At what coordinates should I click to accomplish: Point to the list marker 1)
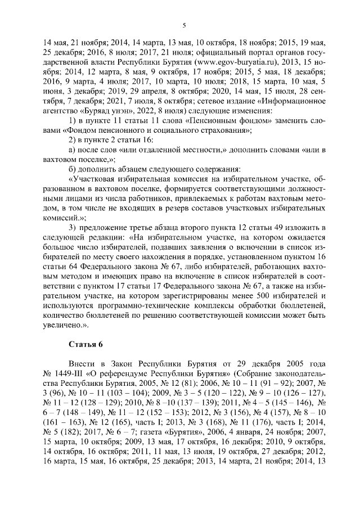click(x=72, y=120)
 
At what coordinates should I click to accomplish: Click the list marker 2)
click(x=72, y=140)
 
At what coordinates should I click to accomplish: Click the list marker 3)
click(x=72, y=227)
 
